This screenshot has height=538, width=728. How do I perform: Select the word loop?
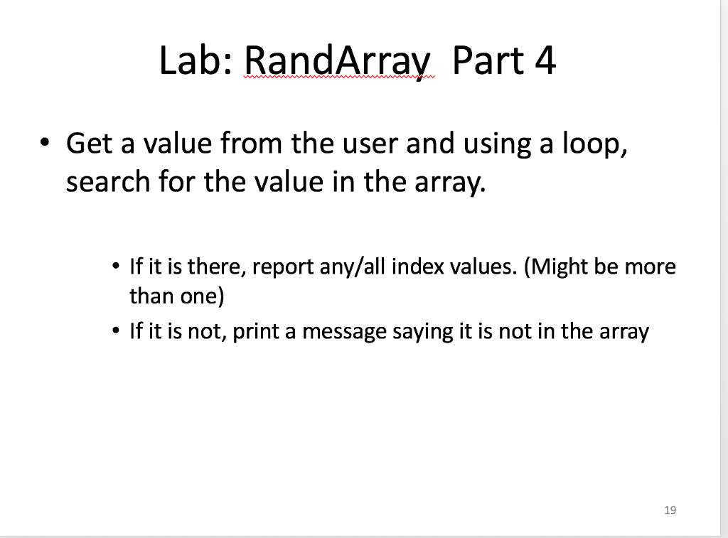coord(594,144)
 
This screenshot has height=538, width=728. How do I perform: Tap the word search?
coord(107,183)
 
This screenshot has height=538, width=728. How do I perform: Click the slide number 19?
coord(669,510)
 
